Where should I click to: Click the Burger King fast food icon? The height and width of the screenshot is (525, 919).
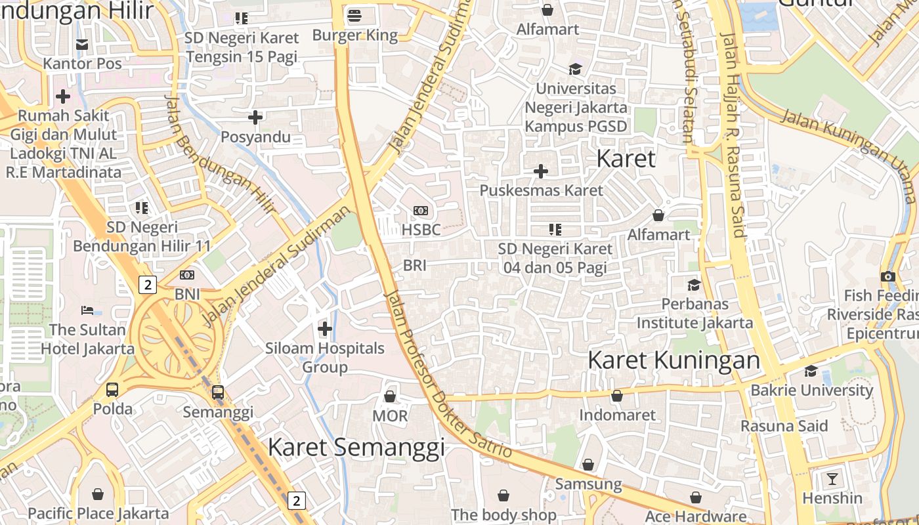click(x=354, y=15)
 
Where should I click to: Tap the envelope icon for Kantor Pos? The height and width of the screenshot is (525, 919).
click(x=82, y=45)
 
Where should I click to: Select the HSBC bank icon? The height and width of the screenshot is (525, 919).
click(x=421, y=211)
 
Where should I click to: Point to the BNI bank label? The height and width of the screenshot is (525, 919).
click(x=187, y=295)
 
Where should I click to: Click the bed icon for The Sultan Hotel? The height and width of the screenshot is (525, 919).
click(x=87, y=310)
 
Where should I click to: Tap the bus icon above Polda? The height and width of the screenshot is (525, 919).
click(x=112, y=390)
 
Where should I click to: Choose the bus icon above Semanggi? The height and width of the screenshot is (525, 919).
click(x=218, y=392)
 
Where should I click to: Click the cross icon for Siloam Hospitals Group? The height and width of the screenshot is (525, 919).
click(x=325, y=329)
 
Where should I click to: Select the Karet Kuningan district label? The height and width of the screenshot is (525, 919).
click(x=673, y=360)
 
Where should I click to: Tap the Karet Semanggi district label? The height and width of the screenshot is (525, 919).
click(x=356, y=447)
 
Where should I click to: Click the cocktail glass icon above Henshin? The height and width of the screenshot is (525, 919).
click(x=832, y=478)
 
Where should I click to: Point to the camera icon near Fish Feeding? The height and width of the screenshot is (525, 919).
click(x=888, y=276)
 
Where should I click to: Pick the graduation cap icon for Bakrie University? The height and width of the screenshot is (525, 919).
click(x=811, y=371)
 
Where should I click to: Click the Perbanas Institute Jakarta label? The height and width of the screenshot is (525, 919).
click(x=695, y=314)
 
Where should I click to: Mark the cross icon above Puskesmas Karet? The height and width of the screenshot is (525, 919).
click(x=541, y=171)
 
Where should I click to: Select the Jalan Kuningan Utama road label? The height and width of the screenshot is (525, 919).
click(x=849, y=154)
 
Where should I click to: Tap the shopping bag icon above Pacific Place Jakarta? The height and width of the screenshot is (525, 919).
click(x=98, y=493)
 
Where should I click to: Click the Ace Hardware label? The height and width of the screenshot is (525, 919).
click(x=696, y=516)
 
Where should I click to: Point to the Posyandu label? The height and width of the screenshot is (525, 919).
click(x=255, y=137)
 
